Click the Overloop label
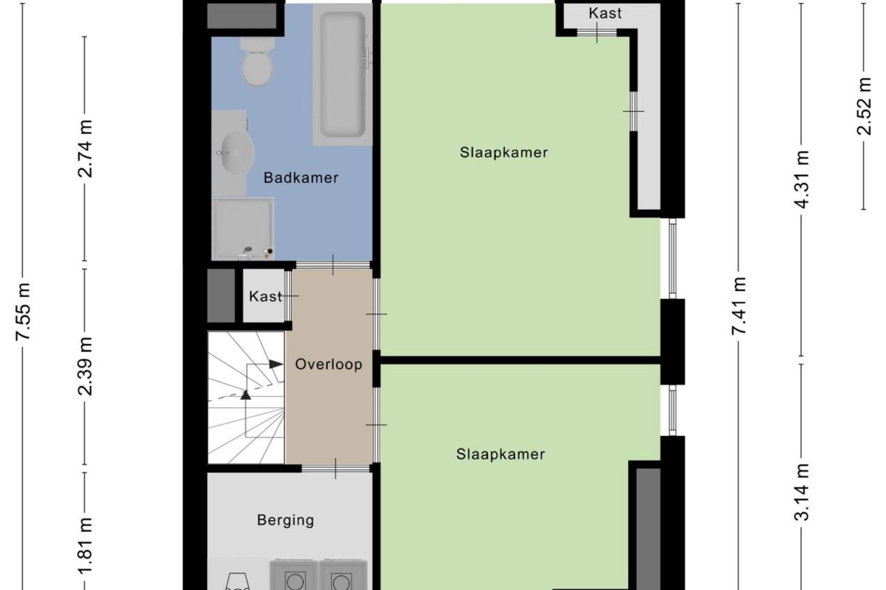point(328,364)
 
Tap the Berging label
point(285,520)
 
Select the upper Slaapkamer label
point(503,152)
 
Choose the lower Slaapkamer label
point(500,455)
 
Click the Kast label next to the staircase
point(264,296)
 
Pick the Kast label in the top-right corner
point(605,13)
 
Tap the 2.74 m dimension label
point(86,148)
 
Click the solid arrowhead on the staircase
point(276,364)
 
